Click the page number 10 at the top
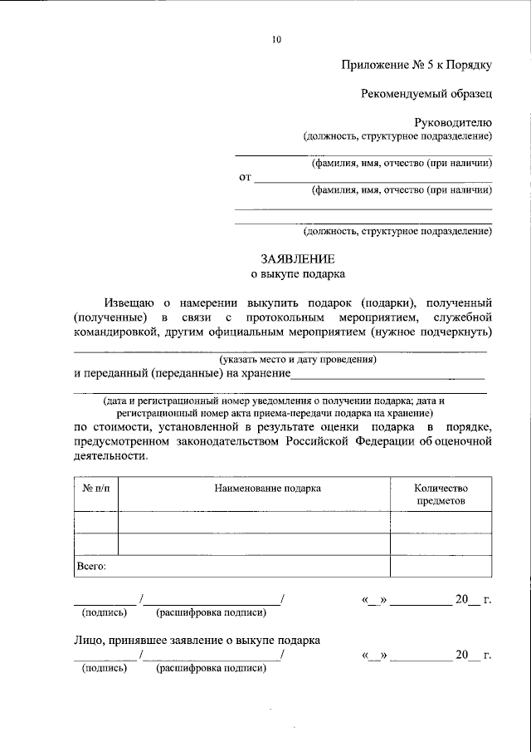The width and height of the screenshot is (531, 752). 277,39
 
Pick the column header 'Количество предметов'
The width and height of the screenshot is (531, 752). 441,494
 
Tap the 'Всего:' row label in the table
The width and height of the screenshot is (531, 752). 91,566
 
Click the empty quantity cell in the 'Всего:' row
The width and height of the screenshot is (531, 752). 441,566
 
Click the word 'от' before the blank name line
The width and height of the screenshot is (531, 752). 244,177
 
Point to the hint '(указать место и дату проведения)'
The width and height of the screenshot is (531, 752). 298,360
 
